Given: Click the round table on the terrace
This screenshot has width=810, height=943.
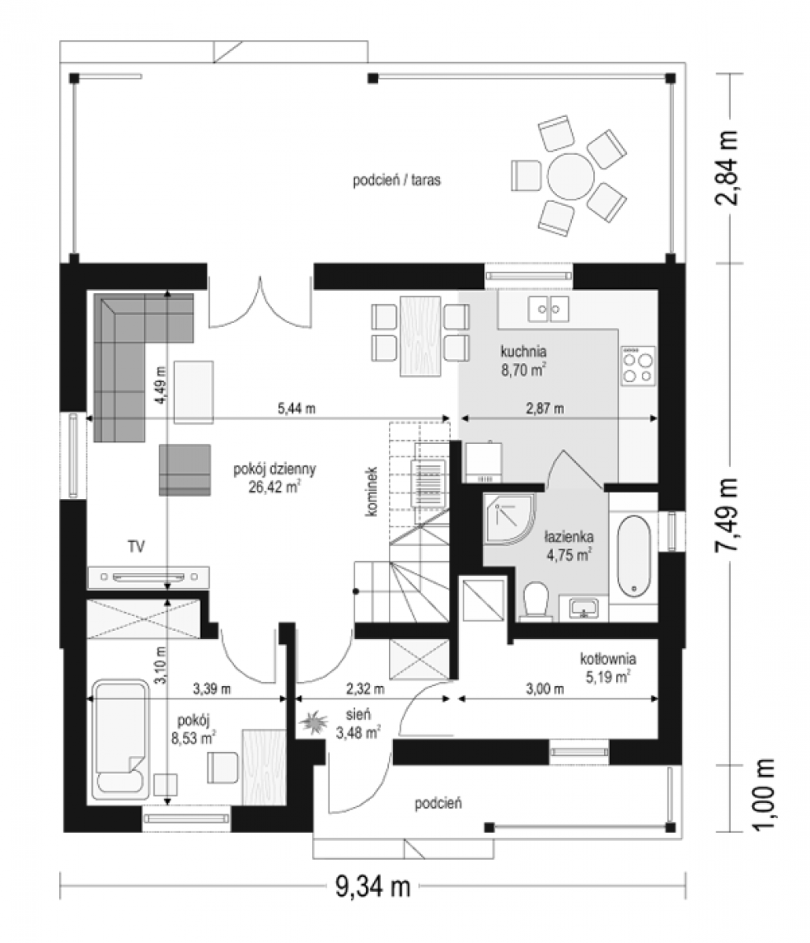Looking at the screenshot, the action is (570, 176).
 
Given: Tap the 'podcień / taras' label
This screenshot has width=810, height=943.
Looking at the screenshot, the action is (396, 180).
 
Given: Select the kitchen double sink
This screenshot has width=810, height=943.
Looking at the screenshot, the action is (548, 308).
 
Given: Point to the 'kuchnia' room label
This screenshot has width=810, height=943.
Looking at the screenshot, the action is (522, 351).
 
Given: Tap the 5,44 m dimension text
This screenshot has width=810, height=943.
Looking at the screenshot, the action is (296, 408).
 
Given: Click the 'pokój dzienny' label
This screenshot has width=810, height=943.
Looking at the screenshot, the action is (274, 469).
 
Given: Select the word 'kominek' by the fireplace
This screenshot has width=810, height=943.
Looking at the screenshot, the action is (371, 491).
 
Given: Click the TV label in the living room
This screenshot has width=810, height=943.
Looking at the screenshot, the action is (136, 546).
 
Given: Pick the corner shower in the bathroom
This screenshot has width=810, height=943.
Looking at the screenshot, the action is (508, 519).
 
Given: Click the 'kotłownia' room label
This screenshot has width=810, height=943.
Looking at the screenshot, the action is (608, 659).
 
